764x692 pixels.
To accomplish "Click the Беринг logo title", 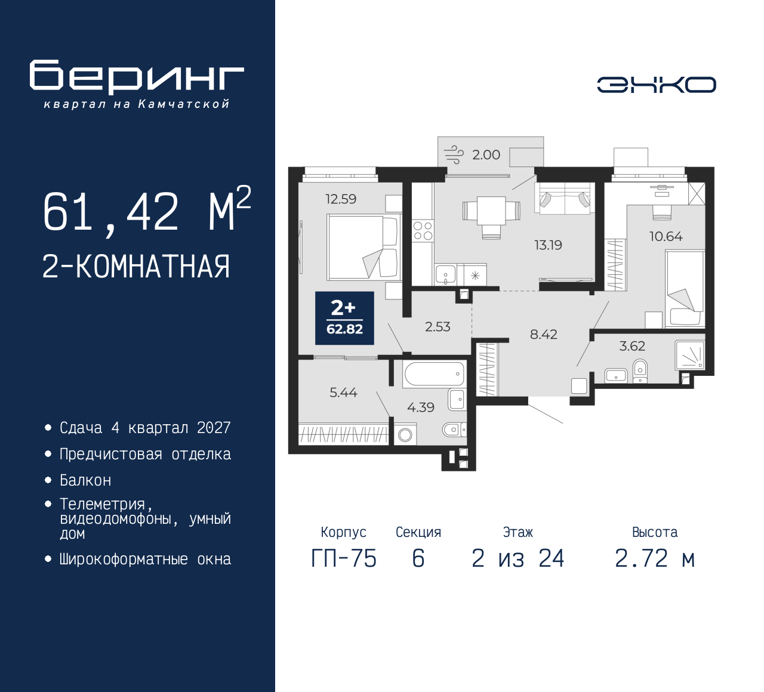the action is pyautogui.click(x=137, y=76).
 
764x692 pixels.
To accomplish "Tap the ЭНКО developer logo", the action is pyautogui.click(x=656, y=85).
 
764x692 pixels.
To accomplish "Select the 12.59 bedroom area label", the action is pyautogui.click(x=341, y=199).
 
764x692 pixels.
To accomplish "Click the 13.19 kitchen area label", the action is pyautogui.click(x=548, y=245).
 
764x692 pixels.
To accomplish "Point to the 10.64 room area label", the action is pyautogui.click(x=666, y=237).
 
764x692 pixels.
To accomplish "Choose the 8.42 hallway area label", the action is pyautogui.click(x=544, y=335).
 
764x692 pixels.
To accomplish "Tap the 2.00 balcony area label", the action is pyautogui.click(x=486, y=155).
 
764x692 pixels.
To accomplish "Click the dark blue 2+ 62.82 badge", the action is pyautogui.click(x=344, y=318).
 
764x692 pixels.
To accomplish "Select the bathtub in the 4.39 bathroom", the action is pyautogui.click(x=435, y=374).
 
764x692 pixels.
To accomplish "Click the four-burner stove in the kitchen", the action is pyautogui.click(x=423, y=231).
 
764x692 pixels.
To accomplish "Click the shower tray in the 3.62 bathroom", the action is pyautogui.click(x=690, y=355).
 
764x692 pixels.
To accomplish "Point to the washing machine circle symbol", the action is pyautogui.click(x=405, y=435).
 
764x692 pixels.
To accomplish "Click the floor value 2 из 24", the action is pyautogui.click(x=517, y=558).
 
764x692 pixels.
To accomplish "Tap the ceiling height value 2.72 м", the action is pyautogui.click(x=655, y=558).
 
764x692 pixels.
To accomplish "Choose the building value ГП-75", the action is pyautogui.click(x=344, y=558).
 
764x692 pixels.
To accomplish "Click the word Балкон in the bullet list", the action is pyautogui.click(x=85, y=480).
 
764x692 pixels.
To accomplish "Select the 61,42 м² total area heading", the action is pyautogui.click(x=147, y=209).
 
